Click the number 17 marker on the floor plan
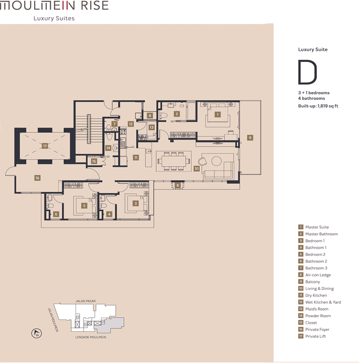click(45, 146)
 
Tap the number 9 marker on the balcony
click(250, 138)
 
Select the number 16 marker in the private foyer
click(37, 178)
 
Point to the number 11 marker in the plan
click(136, 158)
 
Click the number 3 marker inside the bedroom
click(135, 203)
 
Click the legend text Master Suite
click(317, 227)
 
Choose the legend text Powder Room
click(318, 316)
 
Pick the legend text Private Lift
click(315, 336)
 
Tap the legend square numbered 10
click(301, 288)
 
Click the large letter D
click(307, 72)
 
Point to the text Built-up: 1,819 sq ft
click(318, 106)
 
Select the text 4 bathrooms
click(311, 98)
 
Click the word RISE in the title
click(95, 5)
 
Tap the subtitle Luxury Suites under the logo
click(54, 18)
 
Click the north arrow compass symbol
click(36, 333)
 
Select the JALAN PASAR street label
click(86, 301)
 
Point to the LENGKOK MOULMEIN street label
click(91, 337)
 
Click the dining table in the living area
click(174, 161)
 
